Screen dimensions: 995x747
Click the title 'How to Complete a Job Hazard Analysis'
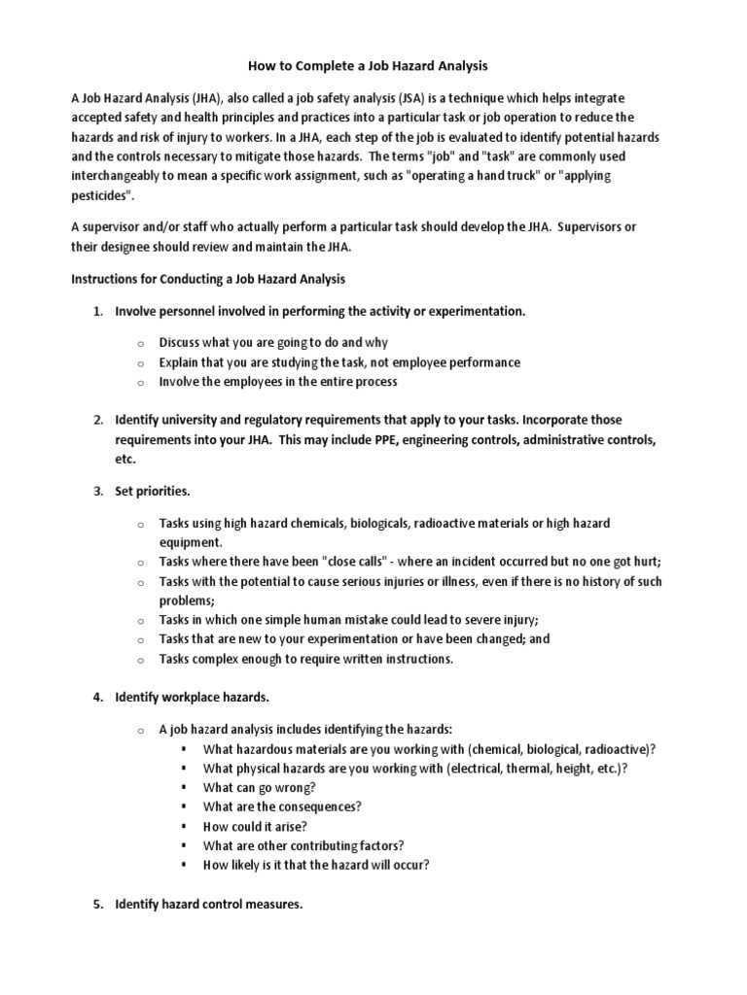click(x=373, y=65)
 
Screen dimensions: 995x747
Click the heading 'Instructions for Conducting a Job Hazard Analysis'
click(x=208, y=279)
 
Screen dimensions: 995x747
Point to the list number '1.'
click(x=98, y=311)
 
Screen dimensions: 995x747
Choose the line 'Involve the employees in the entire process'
click(x=278, y=382)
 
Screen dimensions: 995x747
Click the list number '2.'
click(x=98, y=420)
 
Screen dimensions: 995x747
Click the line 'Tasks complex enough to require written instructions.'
click(x=306, y=659)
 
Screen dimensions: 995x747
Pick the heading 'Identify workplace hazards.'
click(x=192, y=697)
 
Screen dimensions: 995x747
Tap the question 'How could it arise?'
click(x=255, y=826)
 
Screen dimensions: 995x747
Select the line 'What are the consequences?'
click(x=282, y=806)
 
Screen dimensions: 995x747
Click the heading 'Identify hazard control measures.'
click(x=209, y=904)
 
